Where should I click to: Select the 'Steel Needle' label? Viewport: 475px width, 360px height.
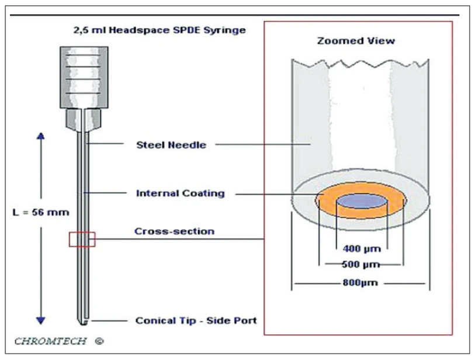171,145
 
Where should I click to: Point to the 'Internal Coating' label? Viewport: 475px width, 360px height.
180,193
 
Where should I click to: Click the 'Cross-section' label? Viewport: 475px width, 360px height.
175,231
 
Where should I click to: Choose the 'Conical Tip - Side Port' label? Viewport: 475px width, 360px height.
196,320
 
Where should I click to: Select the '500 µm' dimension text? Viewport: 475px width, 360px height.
360,265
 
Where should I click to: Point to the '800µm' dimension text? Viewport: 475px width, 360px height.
360,284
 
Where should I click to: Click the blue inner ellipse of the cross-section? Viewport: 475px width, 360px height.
360,202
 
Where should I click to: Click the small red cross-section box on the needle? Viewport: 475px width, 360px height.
81,240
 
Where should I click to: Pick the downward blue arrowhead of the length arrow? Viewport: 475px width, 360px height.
41,319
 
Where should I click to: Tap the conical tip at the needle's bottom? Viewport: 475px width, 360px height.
82,321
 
